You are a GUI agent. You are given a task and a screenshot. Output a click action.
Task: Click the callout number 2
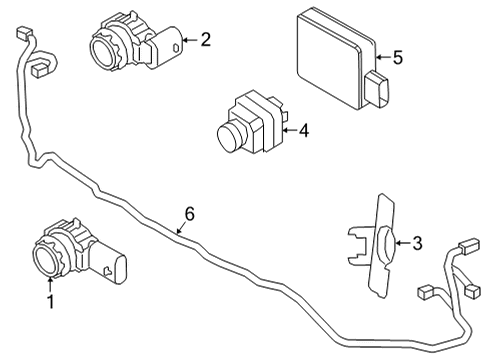(x=205, y=41)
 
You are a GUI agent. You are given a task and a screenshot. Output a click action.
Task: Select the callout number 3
(x=418, y=241)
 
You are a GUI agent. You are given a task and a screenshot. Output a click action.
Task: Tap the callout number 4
(x=304, y=129)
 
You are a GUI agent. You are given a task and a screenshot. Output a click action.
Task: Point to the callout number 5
(x=397, y=57)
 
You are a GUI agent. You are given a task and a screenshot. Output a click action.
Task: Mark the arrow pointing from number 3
(x=401, y=241)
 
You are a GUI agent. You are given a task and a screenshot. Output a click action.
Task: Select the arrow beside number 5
(x=382, y=57)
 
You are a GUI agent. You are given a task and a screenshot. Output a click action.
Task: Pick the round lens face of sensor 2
(x=102, y=45)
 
